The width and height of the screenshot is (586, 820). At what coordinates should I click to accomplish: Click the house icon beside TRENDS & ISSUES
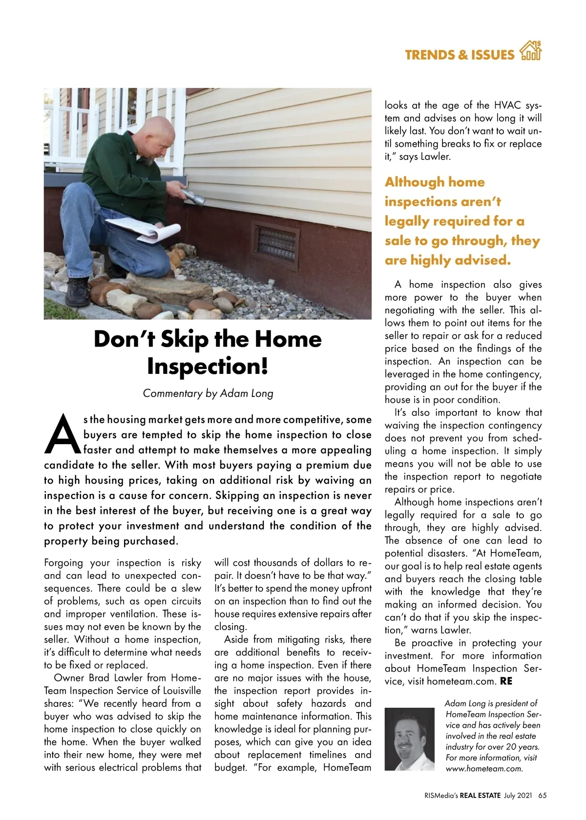[531, 51]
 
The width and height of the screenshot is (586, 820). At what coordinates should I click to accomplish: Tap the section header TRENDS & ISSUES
[459, 55]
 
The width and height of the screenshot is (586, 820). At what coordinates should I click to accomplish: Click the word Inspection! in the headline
[208, 366]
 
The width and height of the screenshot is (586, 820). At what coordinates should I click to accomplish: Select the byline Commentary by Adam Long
[208, 393]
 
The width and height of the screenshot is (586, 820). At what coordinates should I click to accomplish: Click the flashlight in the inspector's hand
[192, 198]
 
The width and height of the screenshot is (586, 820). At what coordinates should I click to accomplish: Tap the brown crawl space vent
[275, 244]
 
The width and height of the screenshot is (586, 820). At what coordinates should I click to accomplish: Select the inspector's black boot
[78, 291]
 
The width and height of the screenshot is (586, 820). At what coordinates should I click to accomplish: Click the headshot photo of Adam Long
[409, 738]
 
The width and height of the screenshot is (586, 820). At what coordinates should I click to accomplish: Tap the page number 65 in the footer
[543, 796]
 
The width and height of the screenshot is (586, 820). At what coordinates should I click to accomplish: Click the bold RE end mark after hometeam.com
[506, 681]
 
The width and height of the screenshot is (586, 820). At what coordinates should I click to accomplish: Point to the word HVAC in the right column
[509, 105]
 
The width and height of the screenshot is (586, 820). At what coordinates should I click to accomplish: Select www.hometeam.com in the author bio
[484, 768]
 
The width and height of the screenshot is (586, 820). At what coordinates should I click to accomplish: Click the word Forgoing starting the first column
[63, 563]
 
